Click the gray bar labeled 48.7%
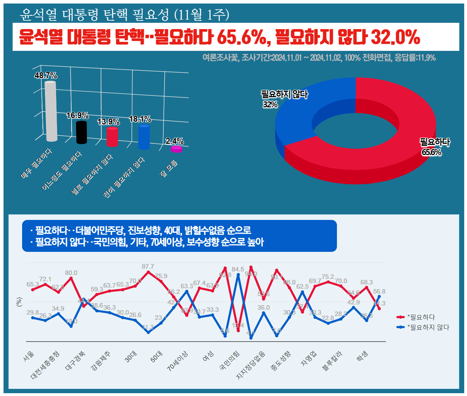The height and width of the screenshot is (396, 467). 51,112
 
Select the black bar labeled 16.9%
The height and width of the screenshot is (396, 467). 81,132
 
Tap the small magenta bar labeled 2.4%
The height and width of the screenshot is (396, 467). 176,149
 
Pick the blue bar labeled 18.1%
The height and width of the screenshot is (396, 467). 144,137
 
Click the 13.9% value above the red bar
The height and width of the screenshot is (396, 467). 108,122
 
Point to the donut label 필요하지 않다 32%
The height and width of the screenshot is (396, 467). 284,99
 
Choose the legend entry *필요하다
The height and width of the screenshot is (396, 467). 421,317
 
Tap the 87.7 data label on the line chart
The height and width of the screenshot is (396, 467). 148,267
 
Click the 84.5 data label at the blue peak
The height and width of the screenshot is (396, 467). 238,269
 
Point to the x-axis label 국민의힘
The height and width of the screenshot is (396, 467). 230,360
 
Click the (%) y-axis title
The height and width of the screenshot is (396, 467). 19,302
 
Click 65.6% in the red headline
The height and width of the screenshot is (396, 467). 242,37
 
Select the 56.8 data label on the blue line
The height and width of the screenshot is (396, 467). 379,291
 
